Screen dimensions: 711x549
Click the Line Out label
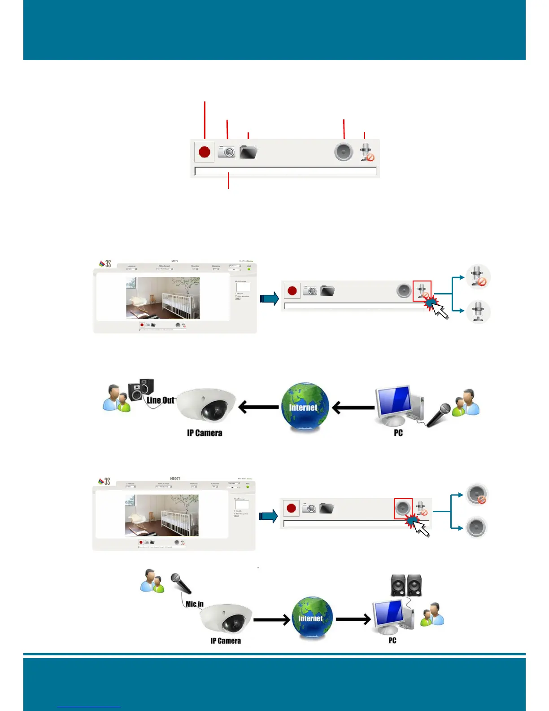point(160,400)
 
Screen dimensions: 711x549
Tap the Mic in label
point(195,604)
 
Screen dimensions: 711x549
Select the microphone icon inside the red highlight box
point(422,291)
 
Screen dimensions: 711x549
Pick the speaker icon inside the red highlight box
point(403,508)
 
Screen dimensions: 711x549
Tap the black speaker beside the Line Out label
point(141,389)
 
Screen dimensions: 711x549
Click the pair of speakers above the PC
point(406,585)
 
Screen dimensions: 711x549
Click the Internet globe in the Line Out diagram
point(305,407)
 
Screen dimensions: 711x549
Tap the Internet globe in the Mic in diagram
point(312,618)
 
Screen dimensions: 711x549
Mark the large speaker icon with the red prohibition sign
point(476,494)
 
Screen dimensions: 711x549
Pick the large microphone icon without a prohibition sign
point(478,312)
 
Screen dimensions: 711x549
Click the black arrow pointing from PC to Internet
point(353,408)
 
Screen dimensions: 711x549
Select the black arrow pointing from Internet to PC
point(353,619)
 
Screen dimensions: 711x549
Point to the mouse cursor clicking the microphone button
point(439,309)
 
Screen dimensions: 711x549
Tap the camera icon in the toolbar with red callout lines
point(227,152)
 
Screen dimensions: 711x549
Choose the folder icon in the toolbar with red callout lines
point(248,152)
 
